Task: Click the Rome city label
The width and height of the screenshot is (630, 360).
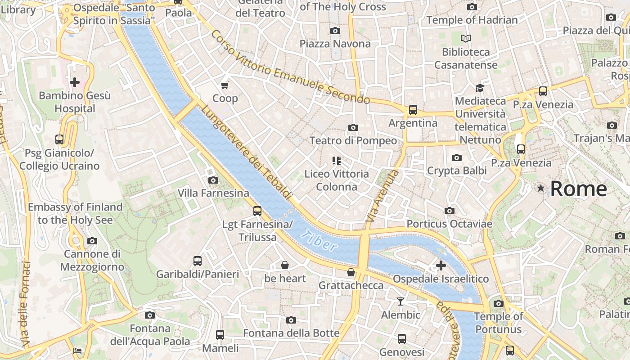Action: click(578, 189)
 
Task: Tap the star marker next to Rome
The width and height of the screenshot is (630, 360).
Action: click(540, 188)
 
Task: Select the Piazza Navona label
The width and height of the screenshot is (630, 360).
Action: click(335, 44)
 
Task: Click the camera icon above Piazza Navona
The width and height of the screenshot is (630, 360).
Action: click(335, 31)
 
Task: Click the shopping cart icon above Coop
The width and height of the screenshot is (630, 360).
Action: click(225, 85)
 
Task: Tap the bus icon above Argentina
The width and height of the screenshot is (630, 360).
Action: click(413, 110)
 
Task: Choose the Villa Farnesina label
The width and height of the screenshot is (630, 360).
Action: click(213, 193)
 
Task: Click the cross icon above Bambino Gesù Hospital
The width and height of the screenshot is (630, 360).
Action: click(75, 82)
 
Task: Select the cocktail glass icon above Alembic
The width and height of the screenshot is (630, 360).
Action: click(400, 301)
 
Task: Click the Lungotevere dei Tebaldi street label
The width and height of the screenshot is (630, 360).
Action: click(246, 152)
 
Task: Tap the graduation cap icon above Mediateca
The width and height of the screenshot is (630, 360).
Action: click(480, 88)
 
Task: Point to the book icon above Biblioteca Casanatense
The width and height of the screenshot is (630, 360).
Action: click(466, 39)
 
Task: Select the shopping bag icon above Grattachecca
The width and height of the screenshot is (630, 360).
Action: click(351, 272)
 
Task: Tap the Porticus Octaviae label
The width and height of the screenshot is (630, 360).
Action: click(449, 224)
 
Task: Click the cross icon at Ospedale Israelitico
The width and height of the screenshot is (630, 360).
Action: click(441, 265)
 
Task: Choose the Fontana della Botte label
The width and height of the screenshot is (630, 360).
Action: click(291, 333)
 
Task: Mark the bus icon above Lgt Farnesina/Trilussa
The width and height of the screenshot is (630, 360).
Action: click(257, 211)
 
